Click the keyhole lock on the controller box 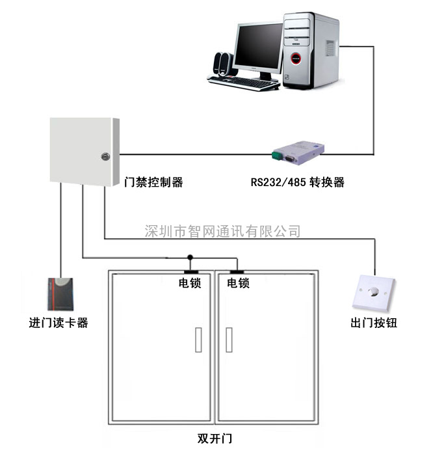tap(105, 156)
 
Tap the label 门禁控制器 tap(153, 182)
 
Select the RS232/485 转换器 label tap(297, 182)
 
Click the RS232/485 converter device tap(298, 153)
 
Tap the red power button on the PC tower tap(296, 59)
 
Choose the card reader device tap(60, 294)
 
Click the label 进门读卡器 tap(59, 323)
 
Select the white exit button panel tap(374, 293)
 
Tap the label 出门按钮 tap(374, 323)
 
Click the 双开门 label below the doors tap(215, 439)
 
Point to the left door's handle tap(198, 340)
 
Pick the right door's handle tap(229, 340)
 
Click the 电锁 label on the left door tap(190, 283)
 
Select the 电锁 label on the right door tap(238, 283)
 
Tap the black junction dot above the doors tap(190, 257)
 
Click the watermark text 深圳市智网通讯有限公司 tap(222, 231)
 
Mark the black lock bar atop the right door tap(237, 271)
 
